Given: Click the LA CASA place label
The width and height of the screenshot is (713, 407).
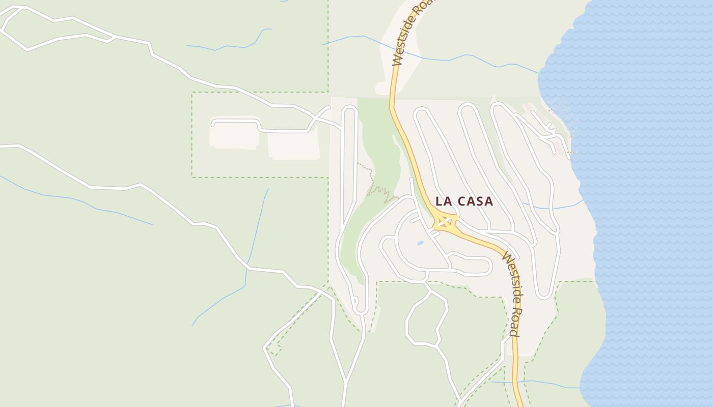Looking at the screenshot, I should [464, 201].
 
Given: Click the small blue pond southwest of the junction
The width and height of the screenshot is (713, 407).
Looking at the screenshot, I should [420, 243].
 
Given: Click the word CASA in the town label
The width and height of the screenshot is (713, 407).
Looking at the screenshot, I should [475, 201].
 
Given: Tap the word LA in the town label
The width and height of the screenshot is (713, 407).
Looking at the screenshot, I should [443, 201].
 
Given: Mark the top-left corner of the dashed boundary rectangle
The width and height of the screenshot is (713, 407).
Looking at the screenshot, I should [192, 93].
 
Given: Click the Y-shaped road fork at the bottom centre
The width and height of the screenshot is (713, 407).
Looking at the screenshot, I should [346, 382].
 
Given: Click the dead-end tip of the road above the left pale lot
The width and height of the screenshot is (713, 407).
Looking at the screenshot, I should [212, 124].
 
